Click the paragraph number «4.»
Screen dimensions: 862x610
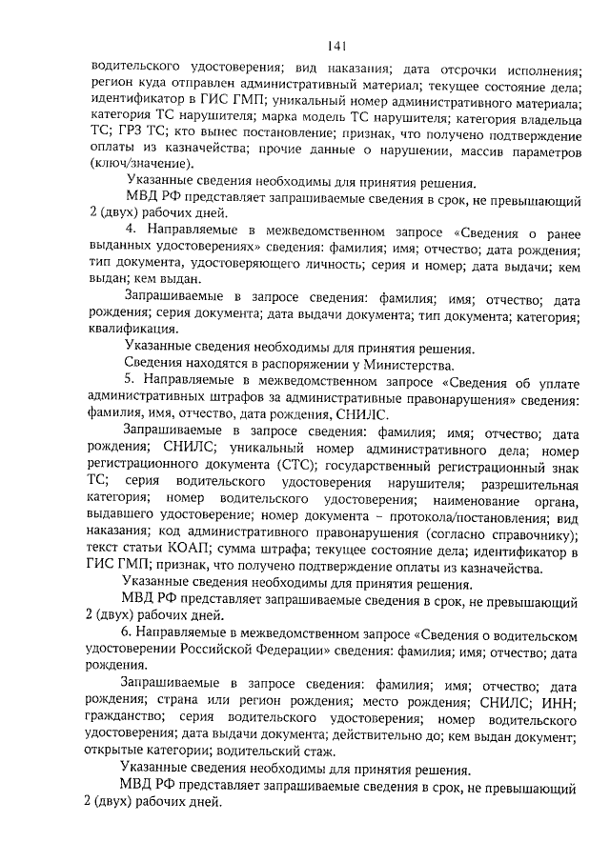[132, 231]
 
